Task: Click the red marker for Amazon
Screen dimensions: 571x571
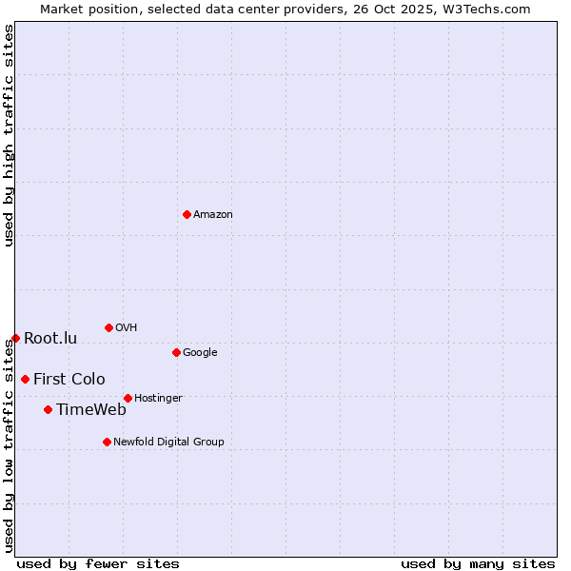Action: pyautogui.click(x=187, y=214)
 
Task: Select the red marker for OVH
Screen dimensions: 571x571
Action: pyautogui.click(x=108, y=327)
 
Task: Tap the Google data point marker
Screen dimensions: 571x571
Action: pyautogui.click(x=176, y=352)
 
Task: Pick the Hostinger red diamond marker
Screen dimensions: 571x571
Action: pyautogui.click(x=128, y=398)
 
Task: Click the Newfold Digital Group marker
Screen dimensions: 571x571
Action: pyautogui.click(x=107, y=442)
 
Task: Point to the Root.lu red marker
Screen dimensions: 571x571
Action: pyautogui.click(x=15, y=338)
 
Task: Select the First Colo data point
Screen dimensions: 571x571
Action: pyautogui.click(x=25, y=379)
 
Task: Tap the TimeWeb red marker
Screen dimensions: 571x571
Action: pyautogui.click(x=48, y=409)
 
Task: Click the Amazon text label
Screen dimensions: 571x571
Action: pyautogui.click(x=213, y=214)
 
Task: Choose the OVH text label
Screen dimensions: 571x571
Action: pyautogui.click(x=127, y=327)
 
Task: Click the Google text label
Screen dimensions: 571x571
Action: pyautogui.click(x=200, y=352)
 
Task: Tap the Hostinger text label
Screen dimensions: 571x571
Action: pyautogui.click(x=158, y=398)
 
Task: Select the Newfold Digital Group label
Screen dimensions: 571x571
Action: pyautogui.click(x=168, y=442)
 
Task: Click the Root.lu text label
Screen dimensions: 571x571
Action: pyautogui.click(x=50, y=338)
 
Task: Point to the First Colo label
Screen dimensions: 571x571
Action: pyautogui.click(x=69, y=379)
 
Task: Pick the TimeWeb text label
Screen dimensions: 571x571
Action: pyautogui.click(x=91, y=409)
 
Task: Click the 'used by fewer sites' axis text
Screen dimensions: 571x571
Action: pyautogui.click(x=98, y=563)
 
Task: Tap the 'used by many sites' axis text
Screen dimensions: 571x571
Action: pyautogui.click(x=478, y=563)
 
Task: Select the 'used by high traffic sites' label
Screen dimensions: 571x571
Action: pyautogui.click(x=9, y=135)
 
